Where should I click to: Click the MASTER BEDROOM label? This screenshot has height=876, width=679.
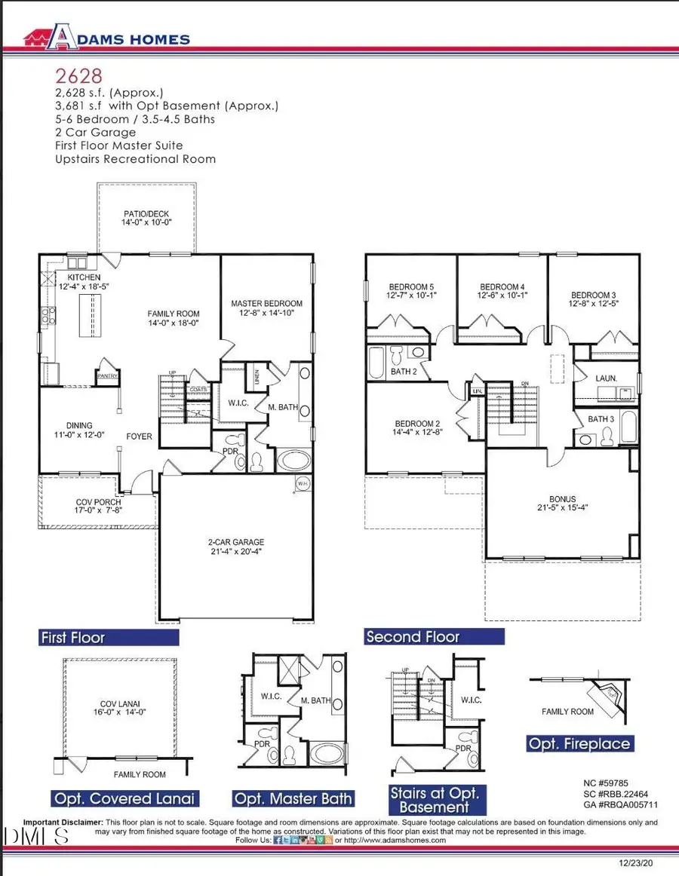[266, 304]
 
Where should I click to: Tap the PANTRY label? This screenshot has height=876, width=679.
[105, 374]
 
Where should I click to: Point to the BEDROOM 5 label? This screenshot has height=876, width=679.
[411, 286]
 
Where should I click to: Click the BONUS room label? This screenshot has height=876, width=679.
[562, 499]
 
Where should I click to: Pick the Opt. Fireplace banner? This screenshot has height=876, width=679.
[579, 744]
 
